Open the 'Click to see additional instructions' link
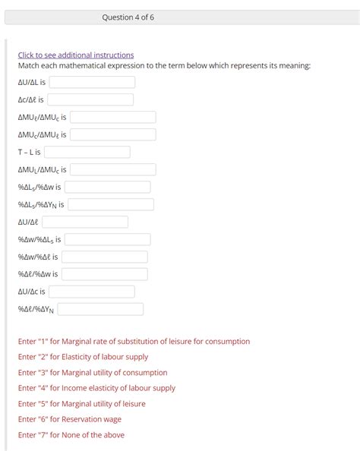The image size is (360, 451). pos(76,55)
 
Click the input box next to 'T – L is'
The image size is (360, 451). pos(87,152)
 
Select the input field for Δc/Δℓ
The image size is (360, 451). pos(90,99)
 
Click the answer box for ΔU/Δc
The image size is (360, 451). pos(92,292)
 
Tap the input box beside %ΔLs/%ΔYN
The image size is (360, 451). pos(111,204)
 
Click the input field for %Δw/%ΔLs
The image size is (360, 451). pos(107,239)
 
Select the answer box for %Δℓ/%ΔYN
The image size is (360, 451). pos(100,309)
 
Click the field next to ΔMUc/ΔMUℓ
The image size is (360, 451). pos(113,134)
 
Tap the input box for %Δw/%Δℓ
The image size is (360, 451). pos(104,257)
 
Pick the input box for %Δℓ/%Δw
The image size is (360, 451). pos(105,274)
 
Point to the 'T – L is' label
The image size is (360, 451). pos(29,152)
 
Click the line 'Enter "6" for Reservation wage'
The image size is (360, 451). pos(70,419)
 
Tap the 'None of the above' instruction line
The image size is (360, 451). pos(71,435)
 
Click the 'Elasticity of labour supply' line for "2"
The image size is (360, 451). pos(83,357)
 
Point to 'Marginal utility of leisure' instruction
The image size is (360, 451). pos(81,404)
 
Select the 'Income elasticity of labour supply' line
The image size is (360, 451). pos(96,388)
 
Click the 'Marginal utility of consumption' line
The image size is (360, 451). pos(93,373)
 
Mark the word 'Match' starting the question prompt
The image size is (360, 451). pos(28,66)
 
